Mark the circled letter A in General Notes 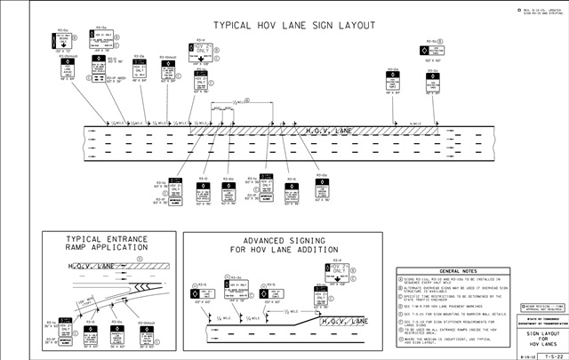pos(402,278)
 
